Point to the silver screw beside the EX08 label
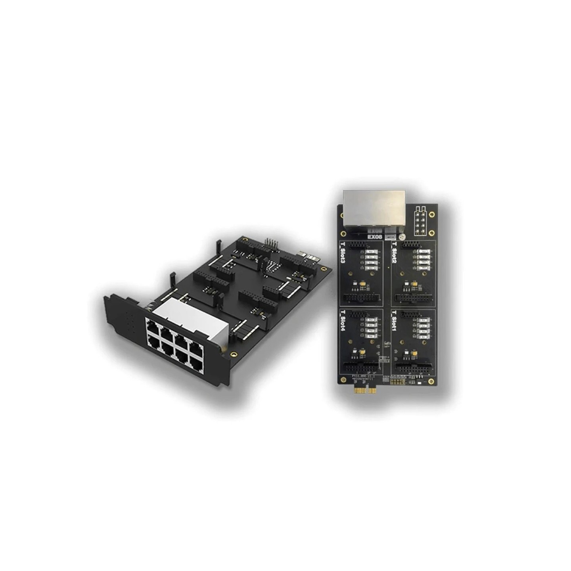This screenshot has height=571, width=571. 402,237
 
